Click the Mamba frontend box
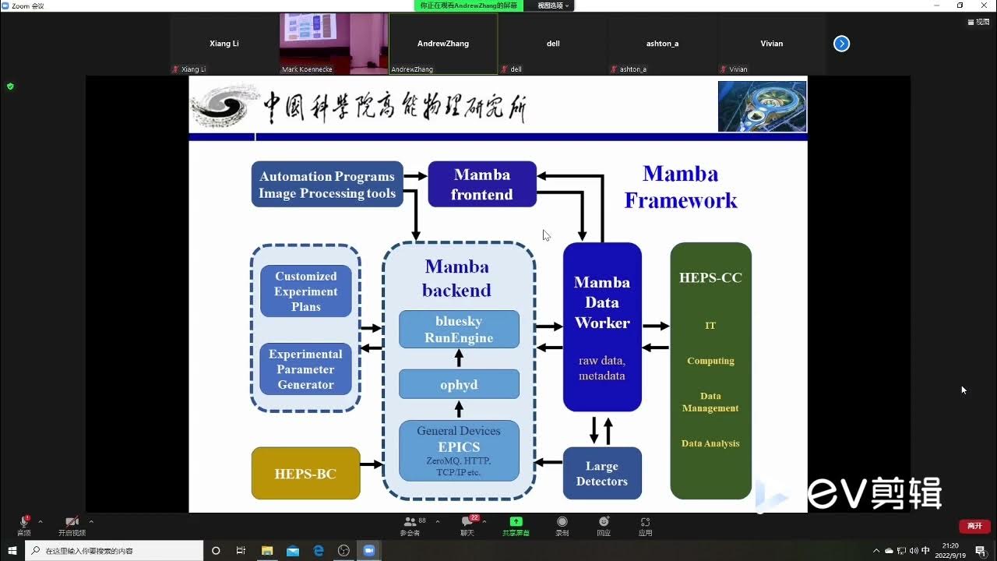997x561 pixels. [x=482, y=184]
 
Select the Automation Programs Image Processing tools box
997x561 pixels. [x=327, y=185]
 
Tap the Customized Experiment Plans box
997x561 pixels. [x=306, y=291]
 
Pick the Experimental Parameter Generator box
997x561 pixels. [x=306, y=369]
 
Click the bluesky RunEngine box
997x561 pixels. [x=459, y=330]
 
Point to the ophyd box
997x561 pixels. [x=459, y=384]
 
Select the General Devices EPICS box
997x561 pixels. [x=459, y=450]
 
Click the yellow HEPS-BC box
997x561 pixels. [x=305, y=473]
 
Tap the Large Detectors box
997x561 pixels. [x=602, y=473]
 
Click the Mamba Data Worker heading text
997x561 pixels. [x=602, y=302]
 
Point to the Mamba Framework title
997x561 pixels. [x=681, y=187]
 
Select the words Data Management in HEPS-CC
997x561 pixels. [x=710, y=402]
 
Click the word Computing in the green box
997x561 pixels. [x=710, y=361]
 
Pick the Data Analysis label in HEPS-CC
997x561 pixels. [x=710, y=443]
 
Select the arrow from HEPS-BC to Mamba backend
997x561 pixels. [x=372, y=464]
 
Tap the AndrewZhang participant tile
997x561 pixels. [x=443, y=44]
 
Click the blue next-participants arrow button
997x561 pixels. [x=841, y=44]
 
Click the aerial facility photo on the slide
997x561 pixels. [x=762, y=106]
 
